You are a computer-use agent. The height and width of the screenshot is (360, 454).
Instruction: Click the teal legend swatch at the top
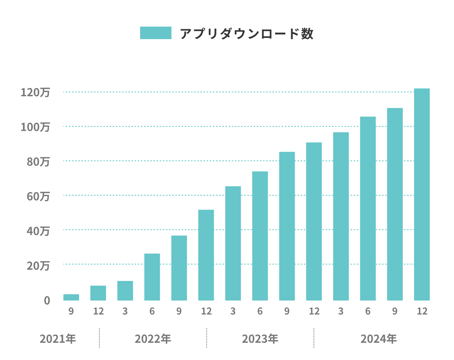click(156, 33)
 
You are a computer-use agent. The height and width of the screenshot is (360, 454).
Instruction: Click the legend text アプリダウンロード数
click(247, 34)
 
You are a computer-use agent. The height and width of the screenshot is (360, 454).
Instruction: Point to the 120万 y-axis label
click(36, 93)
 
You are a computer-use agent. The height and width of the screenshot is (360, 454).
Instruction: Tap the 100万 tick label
click(36, 127)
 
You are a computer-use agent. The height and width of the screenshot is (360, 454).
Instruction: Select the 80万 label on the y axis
click(38, 162)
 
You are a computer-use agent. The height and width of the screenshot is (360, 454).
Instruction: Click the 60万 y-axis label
click(38, 196)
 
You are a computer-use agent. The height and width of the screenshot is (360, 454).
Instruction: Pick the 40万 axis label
click(38, 231)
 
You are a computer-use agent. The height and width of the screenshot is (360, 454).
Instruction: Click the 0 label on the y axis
click(47, 301)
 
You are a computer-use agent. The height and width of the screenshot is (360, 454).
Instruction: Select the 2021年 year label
click(58, 338)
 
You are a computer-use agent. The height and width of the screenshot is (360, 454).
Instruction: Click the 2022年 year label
click(153, 338)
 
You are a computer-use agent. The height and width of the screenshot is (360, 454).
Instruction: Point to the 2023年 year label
click(260, 338)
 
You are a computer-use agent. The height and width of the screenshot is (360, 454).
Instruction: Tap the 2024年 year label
click(379, 338)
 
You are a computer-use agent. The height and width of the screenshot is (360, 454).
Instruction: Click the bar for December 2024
click(422, 194)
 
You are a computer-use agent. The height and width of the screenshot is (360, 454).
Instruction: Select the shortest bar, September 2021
click(71, 297)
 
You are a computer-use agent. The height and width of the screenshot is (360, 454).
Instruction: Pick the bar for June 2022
click(152, 277)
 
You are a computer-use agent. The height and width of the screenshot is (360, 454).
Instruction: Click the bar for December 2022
click(206, 255)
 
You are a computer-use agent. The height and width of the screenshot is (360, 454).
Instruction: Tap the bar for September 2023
click(287, 226)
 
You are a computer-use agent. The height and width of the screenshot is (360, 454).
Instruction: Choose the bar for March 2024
click(341, 216)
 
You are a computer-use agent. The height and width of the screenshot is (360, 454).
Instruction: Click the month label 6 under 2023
click(260, 311)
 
